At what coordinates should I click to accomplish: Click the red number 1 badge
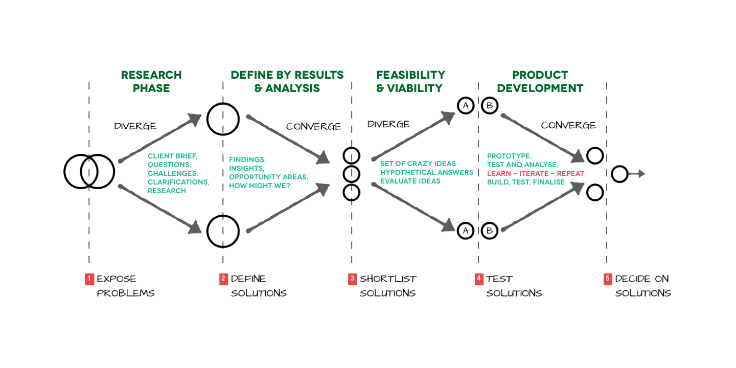point(89,279)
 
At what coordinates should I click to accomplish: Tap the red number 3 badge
point(352,279)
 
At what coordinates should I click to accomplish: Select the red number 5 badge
point(608,279)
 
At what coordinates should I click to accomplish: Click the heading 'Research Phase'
point(151,81)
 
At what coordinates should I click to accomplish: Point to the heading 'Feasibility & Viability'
point(410,81)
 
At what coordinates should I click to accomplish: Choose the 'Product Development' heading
point(540,81)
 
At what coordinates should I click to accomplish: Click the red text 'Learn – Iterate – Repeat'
point(535,173)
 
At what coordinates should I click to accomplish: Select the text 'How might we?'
point(259,186)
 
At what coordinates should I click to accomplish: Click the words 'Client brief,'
point(172,156)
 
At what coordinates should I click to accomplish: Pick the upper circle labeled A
point(466,106)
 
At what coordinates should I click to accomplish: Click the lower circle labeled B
point(489,231)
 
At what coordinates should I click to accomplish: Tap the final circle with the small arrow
point(619,174)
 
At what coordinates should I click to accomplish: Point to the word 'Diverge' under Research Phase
point(135,126)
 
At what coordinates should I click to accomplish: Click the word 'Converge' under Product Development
point(568,125)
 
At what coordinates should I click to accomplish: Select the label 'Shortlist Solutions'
point(388,286)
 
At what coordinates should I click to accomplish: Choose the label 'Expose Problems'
point(125,286)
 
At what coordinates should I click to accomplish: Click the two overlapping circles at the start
point(89,172)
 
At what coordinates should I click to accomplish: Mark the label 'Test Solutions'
point(514,286)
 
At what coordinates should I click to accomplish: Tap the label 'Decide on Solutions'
point(642,286)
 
